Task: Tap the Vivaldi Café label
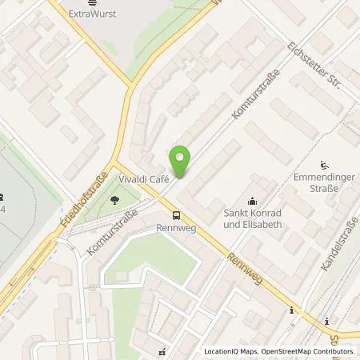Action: (143, 180)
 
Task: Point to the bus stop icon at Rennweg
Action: (176, 214)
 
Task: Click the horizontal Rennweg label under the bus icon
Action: (176, 226)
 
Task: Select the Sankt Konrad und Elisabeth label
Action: (254, 219)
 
